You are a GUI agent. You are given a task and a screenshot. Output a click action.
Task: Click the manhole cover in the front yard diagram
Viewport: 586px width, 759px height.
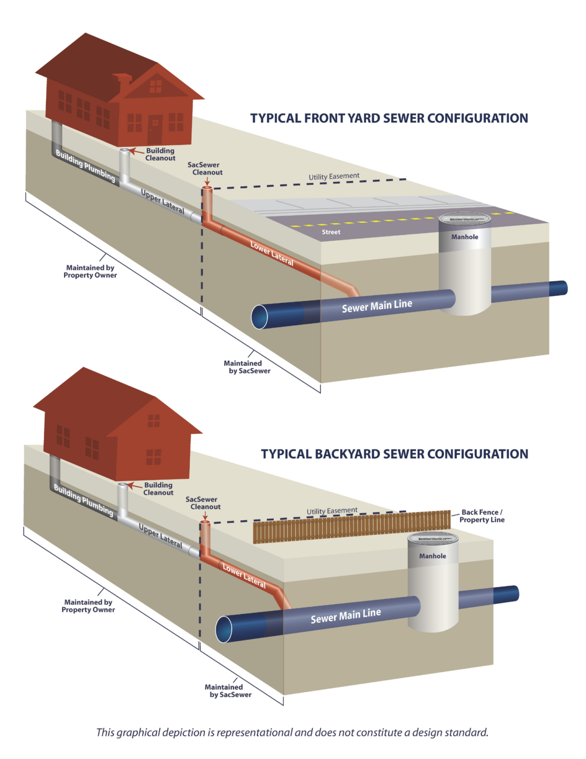[465, 218]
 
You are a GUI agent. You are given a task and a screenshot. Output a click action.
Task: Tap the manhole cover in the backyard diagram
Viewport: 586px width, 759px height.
[433, 538]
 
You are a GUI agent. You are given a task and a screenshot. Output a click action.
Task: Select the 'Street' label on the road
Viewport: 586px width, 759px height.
[331, 232]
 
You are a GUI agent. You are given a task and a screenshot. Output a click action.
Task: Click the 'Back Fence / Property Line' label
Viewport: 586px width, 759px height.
[481, 516]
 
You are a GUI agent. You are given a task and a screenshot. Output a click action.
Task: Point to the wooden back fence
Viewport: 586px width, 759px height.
[351, 527]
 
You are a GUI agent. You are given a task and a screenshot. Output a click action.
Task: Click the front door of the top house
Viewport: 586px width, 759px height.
[155, 129]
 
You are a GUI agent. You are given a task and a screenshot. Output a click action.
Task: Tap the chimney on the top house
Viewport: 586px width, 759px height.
[122, 83]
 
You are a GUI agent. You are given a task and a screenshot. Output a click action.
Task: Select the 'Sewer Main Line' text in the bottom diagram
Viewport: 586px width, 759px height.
[346, 616]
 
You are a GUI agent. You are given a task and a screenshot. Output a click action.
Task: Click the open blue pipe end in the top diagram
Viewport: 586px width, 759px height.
[260, 317]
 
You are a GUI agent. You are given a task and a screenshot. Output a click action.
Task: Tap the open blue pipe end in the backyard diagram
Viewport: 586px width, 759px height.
[224, 629]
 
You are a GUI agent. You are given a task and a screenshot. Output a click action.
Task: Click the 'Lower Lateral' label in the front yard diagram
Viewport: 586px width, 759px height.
[272, 253]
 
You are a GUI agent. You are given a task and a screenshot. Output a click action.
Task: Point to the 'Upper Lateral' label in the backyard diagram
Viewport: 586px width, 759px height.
[160, 536]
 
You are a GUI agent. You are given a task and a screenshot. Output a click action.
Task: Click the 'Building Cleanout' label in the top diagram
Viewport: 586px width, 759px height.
[160, 154]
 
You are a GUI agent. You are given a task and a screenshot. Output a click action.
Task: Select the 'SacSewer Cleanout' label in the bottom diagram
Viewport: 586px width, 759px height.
[203, 503]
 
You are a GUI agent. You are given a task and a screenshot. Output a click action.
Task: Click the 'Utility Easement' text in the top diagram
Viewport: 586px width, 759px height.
[334, 176]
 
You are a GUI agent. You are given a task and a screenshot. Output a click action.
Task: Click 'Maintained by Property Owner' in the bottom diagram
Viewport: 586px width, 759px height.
[88, 606]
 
